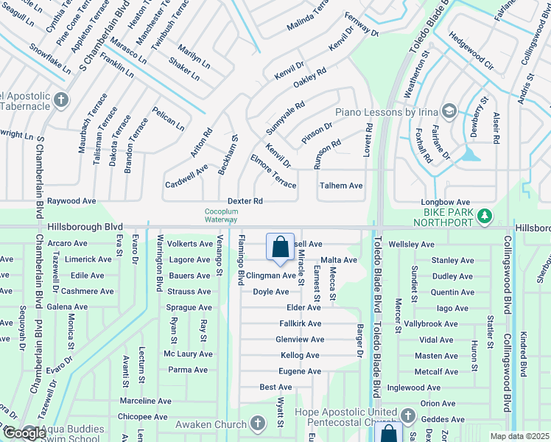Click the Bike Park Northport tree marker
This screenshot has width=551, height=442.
[x=484, y=215]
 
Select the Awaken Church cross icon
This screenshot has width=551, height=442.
[x=257, y=424]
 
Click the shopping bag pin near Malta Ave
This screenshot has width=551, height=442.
[x=281, y=249]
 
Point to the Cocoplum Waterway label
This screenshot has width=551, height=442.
[x=222, y=214]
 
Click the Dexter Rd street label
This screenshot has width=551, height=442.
[x=245, y=200]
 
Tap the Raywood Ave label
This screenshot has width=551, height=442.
[x=72, y=200]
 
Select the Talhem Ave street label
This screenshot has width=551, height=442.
[x=341, y=186]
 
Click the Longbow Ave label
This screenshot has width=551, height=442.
[x=445, y=202]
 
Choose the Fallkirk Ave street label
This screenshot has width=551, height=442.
[x=300, y=323]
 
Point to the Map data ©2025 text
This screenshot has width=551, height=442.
[x=520, y=436]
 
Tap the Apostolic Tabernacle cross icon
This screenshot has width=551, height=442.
[x=60, y=99]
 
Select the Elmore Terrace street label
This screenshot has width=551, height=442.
[x=273, y=171]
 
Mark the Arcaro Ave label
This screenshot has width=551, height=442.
[x=67, y=243]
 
